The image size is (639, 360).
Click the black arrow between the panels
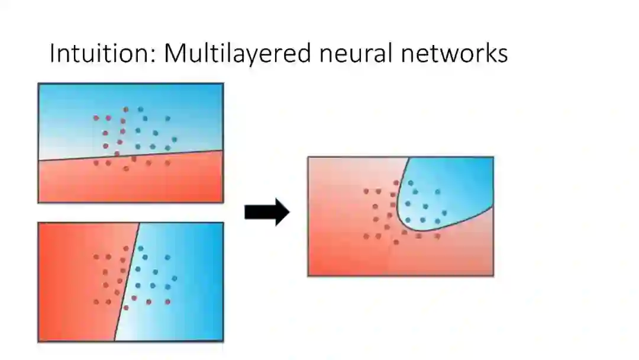point(267,212)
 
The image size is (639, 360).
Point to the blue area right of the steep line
point(195,278)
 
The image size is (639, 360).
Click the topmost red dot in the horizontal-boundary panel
point(126,110)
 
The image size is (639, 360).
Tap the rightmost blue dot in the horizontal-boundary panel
point(175,139)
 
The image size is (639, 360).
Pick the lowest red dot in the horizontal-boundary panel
point(126,169)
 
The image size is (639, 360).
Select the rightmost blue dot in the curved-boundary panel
point(444,213)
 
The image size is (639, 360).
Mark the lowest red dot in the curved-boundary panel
point(396,242)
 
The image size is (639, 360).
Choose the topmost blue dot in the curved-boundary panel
point(411,183)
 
